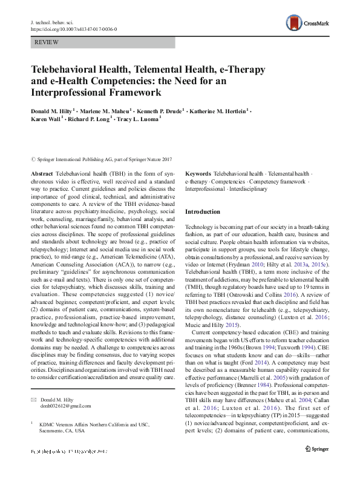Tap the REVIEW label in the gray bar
click(48, 44)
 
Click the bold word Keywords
click(198, 173)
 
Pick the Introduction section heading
click(203, 212)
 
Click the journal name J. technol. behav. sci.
click(53, 22)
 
